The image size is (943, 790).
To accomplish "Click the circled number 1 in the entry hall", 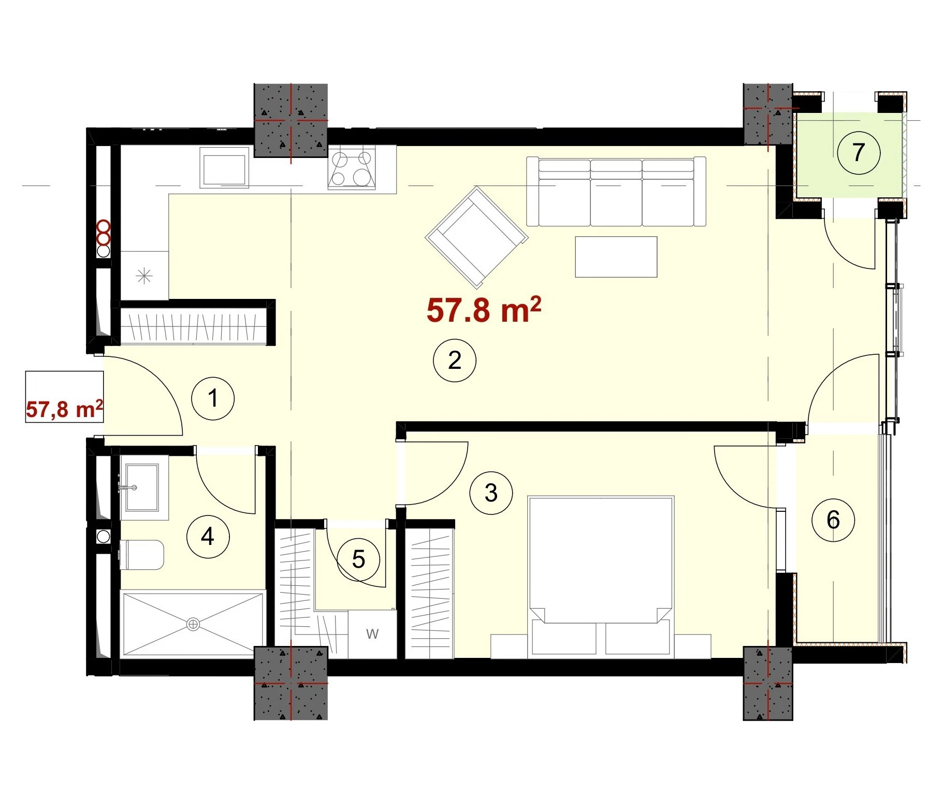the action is coord(213,398).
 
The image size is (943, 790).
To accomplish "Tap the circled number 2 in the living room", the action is coord(455,360).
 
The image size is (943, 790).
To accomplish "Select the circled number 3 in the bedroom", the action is coord(491,493).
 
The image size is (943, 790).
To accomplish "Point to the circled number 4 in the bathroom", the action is coord(208,536).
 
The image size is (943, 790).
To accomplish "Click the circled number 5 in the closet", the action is coord(358,559).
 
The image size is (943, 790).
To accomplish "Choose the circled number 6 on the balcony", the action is coord(833,520).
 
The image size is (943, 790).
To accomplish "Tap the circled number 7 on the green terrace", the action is coord(859,152).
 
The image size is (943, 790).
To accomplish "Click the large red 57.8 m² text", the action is coord(484,310).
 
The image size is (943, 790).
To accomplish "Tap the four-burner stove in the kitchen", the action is coord(352,167).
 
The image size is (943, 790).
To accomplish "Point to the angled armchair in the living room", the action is coord(476,237).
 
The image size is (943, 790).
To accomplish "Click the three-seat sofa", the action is coord(616,192).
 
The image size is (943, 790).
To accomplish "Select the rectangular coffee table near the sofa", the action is coord(616,257).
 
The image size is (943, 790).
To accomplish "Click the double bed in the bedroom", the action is coord(601,575).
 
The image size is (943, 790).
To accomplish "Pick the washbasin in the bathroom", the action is coord(141,487).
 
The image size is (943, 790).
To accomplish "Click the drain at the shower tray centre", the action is coord(193,625).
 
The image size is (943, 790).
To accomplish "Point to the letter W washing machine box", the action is coord(372,634).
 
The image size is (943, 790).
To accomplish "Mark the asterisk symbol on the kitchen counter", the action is coord(144,276).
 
